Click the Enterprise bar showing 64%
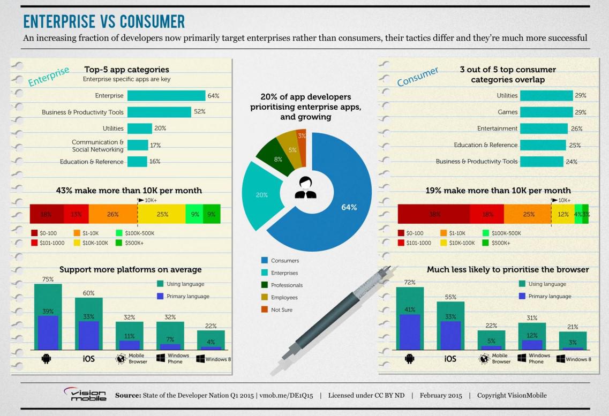166,95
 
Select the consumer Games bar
546,112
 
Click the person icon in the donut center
306,188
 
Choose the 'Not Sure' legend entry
277,309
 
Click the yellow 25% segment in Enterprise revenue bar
162,214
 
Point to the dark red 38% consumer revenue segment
434,214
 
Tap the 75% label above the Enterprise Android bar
48,279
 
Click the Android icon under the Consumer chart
409,359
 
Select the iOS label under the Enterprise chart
88,359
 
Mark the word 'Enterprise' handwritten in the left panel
49,76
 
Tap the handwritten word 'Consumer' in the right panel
418,76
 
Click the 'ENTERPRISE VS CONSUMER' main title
104,22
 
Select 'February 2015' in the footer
441,396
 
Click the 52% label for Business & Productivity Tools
200,112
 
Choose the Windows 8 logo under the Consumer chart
560,359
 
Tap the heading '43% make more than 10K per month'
129,191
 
